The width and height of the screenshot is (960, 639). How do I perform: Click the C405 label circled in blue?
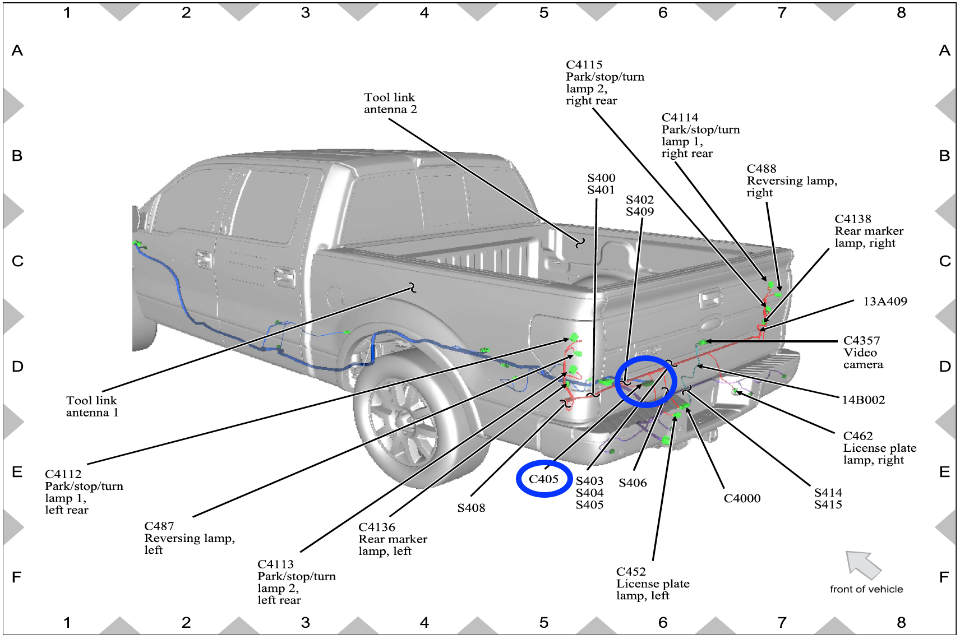tap(543, 479)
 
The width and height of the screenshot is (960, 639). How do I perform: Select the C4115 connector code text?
tap(584, 65)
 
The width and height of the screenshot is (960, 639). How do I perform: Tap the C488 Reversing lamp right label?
tap(791, 180)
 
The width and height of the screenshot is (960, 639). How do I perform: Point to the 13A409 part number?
tap(884, 302)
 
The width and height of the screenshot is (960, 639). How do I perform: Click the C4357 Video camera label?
tap(862, 352)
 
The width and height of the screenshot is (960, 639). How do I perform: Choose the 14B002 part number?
tap(863, 400)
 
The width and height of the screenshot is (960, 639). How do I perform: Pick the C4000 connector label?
tap(741, 498)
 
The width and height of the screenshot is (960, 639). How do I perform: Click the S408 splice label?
tap(471, 508)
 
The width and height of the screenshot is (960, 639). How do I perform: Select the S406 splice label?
tap(633, 483)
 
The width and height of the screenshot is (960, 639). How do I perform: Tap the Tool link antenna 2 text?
tap(390, 103)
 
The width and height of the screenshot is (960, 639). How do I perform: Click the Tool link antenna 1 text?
tap(92, 406)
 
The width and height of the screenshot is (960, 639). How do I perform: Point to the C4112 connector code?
tap(63, 474)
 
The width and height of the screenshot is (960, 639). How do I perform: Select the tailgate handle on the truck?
tap(709, 299)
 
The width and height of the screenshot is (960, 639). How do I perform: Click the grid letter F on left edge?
tap(17, 577)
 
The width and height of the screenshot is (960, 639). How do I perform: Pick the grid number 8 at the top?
tap(901, 13)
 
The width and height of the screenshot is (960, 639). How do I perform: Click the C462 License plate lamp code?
tap(857, 436)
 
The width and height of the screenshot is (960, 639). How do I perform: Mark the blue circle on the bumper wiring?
tap(645, 381)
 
